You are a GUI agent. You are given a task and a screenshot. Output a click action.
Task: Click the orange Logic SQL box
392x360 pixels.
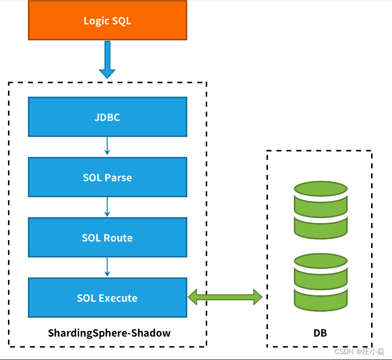click(x=107, y=20)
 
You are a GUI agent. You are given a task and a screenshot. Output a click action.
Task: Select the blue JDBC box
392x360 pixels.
click(x=107, y=117)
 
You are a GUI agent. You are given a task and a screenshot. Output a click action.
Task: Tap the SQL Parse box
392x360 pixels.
click(x=107, y=177)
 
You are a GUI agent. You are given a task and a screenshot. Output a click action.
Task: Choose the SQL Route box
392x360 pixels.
click(x=107, y=238)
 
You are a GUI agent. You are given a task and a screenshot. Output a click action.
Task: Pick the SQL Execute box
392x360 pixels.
click(x=107, y=298)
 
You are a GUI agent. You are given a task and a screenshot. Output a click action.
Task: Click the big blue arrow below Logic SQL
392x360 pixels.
click(x=107, y=60)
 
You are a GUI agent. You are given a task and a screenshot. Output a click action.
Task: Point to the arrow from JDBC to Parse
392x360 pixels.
click(x=107, y=146)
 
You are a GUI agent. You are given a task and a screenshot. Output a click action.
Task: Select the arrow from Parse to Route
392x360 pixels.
click(x=107, y=206)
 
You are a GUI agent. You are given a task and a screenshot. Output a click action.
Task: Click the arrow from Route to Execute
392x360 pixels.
click(x=107, y=266)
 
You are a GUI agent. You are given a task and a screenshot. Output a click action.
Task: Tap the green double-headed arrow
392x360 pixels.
click(x=225, y=297)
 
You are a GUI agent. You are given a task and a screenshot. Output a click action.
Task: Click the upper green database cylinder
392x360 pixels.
click(x=320, y=210)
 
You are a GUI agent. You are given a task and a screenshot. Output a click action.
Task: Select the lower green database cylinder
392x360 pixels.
click(x=320, y=281)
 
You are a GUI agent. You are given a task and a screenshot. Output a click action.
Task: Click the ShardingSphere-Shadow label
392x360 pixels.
click(x=109, y=333)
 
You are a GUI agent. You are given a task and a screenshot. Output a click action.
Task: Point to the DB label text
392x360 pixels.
click(x=320, y=333)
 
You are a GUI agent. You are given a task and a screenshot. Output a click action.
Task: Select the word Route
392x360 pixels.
click(x=119, y=238)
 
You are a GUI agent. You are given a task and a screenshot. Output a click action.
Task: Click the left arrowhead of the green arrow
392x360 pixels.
click(x=194, y=297)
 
